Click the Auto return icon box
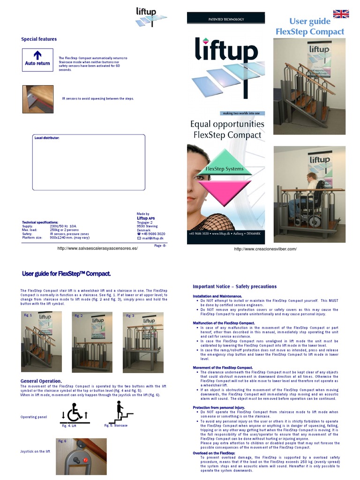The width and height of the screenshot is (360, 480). pyautogui.click(x=37, y=60)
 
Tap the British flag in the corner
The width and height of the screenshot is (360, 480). pyautogui.click(x=341, y=14)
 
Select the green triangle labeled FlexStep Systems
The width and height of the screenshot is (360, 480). pyautogui.click(x=225, y=165)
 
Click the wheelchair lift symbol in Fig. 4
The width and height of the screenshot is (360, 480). pyautogui.click(x=75, y=412)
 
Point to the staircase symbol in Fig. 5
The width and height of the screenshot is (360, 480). pyautogui.click(x=120, y=412)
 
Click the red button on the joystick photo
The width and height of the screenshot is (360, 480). pyautogui.click(x=85, y=460)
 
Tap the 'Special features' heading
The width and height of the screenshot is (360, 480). pyautogui.click(x=39, y=39)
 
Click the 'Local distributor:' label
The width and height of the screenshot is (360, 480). pyautogui.click(x=47, y=138)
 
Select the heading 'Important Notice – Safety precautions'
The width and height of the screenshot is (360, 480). pyautogui.click(x=234, y=286)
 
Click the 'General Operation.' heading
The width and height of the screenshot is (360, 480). pyautogui.click(x=41, y=381)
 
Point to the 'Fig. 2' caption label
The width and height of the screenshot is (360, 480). pyautogui.click(x=78, y=316)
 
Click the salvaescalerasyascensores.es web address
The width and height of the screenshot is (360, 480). pyautogui.click(x=97, y=248)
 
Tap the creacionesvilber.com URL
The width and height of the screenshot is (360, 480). pyautogui.click(x=265, y=249)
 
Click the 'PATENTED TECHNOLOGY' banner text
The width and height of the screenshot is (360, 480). pyautogui.click(x=226, y=19)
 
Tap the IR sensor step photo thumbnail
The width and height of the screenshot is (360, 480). pyautogui.click(x=38, y=99)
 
